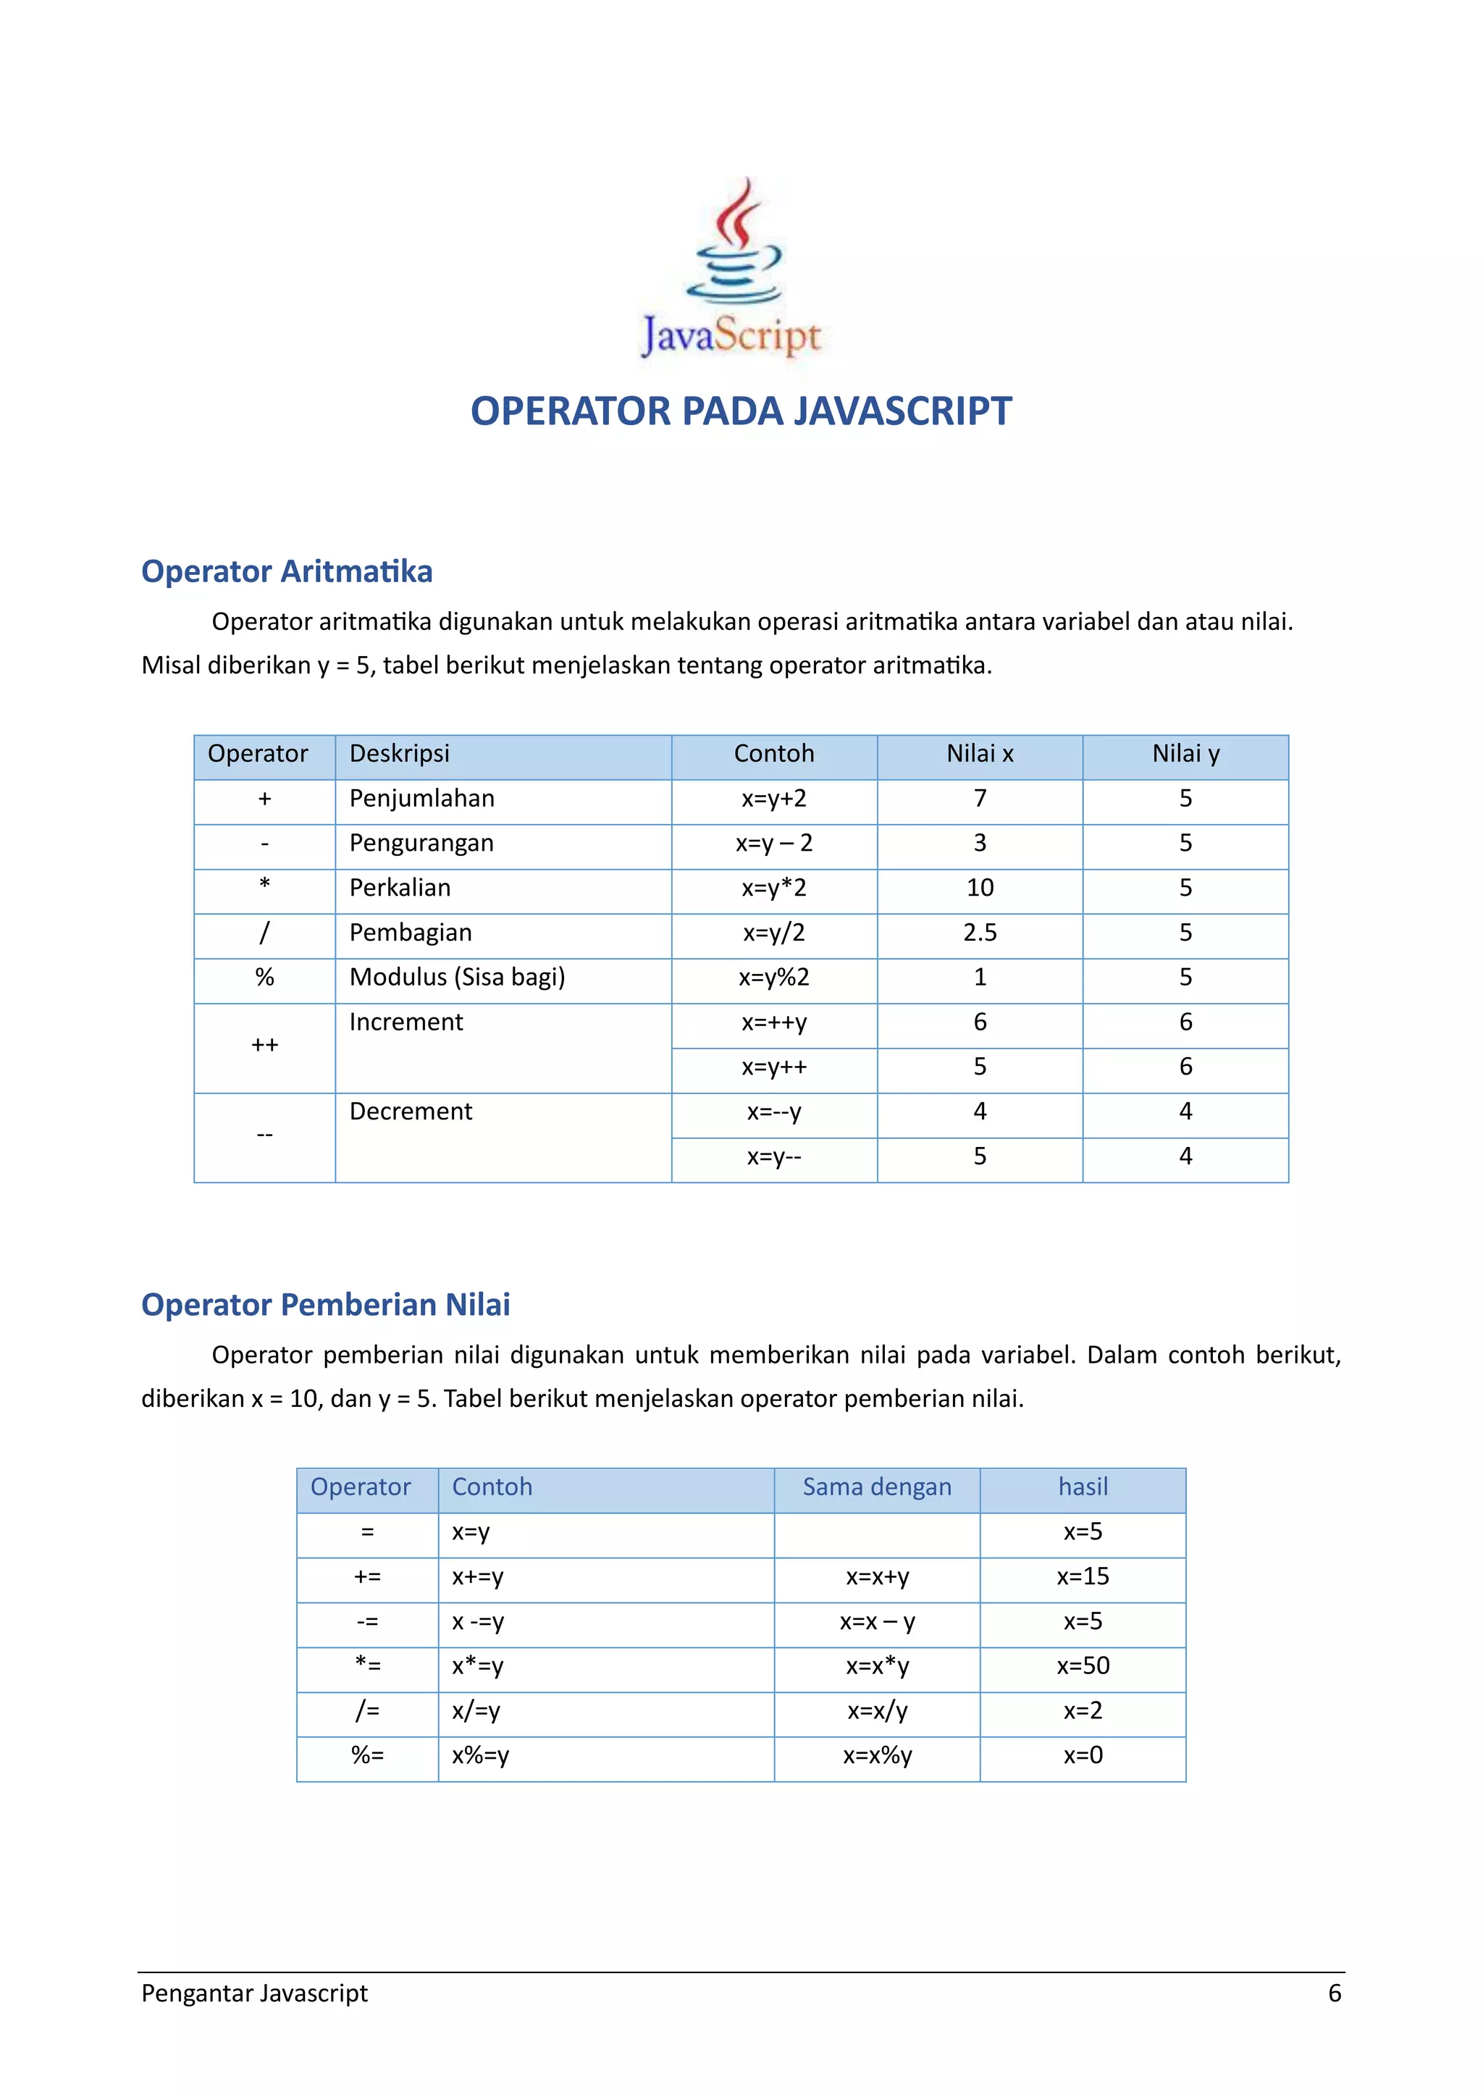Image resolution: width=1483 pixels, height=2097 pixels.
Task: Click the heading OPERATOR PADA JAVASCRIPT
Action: [741, 411]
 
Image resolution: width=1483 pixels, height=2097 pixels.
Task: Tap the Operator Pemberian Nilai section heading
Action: [325, 1304]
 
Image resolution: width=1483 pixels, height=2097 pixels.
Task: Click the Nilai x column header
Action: [979, 755]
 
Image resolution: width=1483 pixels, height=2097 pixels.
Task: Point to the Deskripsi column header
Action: [400, 755]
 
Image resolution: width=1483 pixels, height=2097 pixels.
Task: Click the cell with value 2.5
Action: [979, 933]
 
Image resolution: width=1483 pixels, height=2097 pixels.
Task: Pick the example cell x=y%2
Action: [773, 978]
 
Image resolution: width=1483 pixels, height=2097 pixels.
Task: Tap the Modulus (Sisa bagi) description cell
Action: [458, 978]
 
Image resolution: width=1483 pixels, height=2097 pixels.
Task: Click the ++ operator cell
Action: [265, 1046]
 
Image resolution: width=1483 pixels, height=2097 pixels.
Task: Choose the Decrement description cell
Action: [411, 1112]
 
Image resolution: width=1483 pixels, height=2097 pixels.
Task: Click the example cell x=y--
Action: [773, 1157]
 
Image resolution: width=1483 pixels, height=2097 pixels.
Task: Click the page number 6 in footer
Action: [1333, 1993]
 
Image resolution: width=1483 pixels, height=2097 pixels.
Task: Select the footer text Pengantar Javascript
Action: [255, 1993]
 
